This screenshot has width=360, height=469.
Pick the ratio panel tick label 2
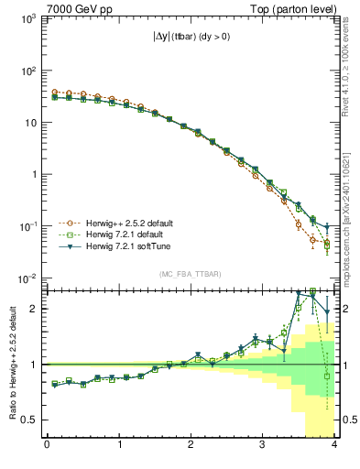(x=36, y=309)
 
